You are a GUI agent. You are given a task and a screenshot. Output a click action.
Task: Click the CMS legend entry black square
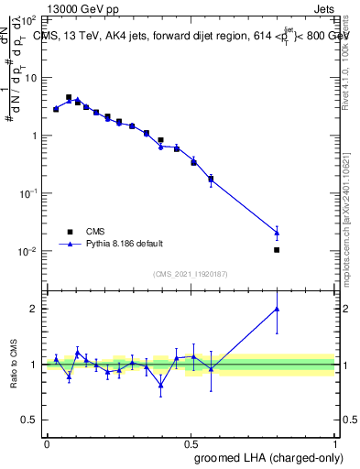point(67,231)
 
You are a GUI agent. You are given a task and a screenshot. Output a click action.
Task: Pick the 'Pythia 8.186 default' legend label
point(125,244)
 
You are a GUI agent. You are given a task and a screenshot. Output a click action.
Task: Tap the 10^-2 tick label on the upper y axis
point(29,251)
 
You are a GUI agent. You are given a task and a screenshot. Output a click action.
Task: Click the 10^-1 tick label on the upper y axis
point(29,193)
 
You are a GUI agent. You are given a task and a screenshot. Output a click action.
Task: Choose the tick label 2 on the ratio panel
point(35,309)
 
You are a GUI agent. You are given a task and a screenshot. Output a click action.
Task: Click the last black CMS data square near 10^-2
point(277,249)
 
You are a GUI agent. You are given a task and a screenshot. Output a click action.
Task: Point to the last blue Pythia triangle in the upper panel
point(277,232)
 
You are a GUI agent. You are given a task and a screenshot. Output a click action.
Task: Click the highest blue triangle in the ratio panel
point(277,309)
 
